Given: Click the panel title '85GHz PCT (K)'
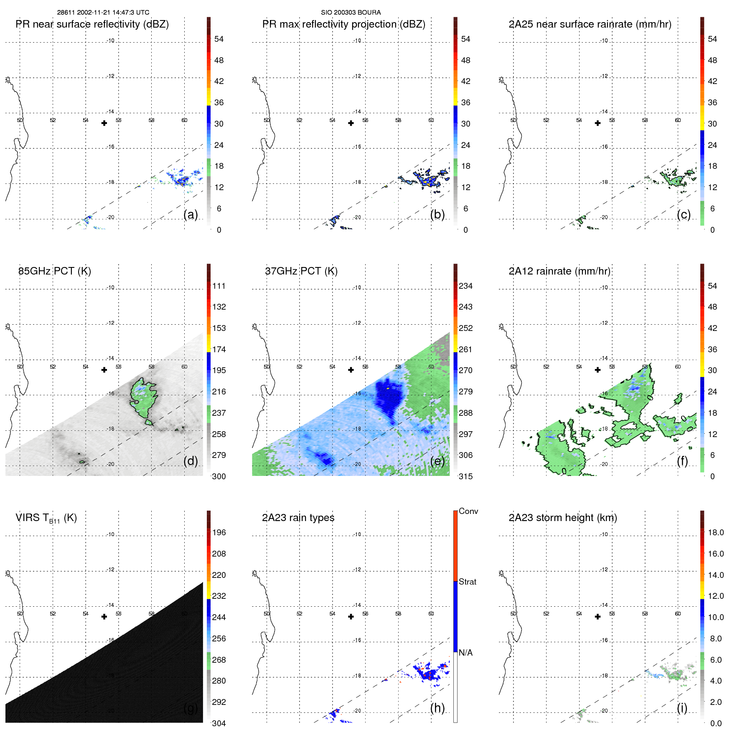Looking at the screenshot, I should [x=54, y=271].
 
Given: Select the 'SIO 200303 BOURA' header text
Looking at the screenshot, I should [x=351, y=13].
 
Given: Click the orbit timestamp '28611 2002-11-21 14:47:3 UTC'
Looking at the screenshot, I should [x=103, y=13].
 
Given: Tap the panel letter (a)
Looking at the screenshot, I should [x=191, y=214].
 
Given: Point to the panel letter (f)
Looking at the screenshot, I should [x=682, y=461].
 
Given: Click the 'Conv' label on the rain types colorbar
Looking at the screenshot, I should [x=468, y=511].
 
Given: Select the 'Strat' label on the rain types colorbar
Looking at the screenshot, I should [x=467, y=582].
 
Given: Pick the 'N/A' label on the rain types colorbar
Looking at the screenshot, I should [x=465, y=653].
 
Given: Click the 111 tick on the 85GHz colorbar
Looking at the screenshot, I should [x=219, y=286].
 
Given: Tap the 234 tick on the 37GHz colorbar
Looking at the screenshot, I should [x=465, y=286].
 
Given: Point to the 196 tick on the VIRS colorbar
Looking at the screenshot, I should [x=219, y=533].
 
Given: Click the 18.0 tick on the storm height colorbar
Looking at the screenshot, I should [x=716, y=533].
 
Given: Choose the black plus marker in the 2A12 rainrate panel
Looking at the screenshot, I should [x=598, y=370].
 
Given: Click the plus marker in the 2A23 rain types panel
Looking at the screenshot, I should [x=351, y=617].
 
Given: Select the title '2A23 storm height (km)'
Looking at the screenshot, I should [x=562, y=518].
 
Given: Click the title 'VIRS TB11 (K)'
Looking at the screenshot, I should [x=46, y=518].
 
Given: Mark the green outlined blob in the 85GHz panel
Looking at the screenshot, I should [x=143, y=397].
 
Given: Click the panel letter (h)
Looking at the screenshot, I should [x=437, y=708].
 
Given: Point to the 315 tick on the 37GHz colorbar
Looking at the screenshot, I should [x=465, y=477].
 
